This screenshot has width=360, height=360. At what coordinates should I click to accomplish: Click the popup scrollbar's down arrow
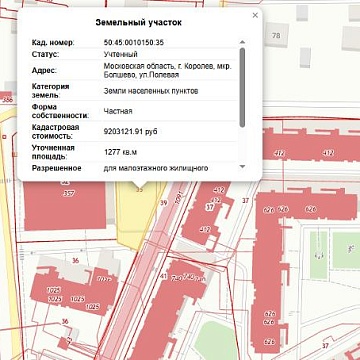(x=243, y=167)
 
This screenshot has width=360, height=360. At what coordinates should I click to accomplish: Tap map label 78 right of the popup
(x=276, y=36)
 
